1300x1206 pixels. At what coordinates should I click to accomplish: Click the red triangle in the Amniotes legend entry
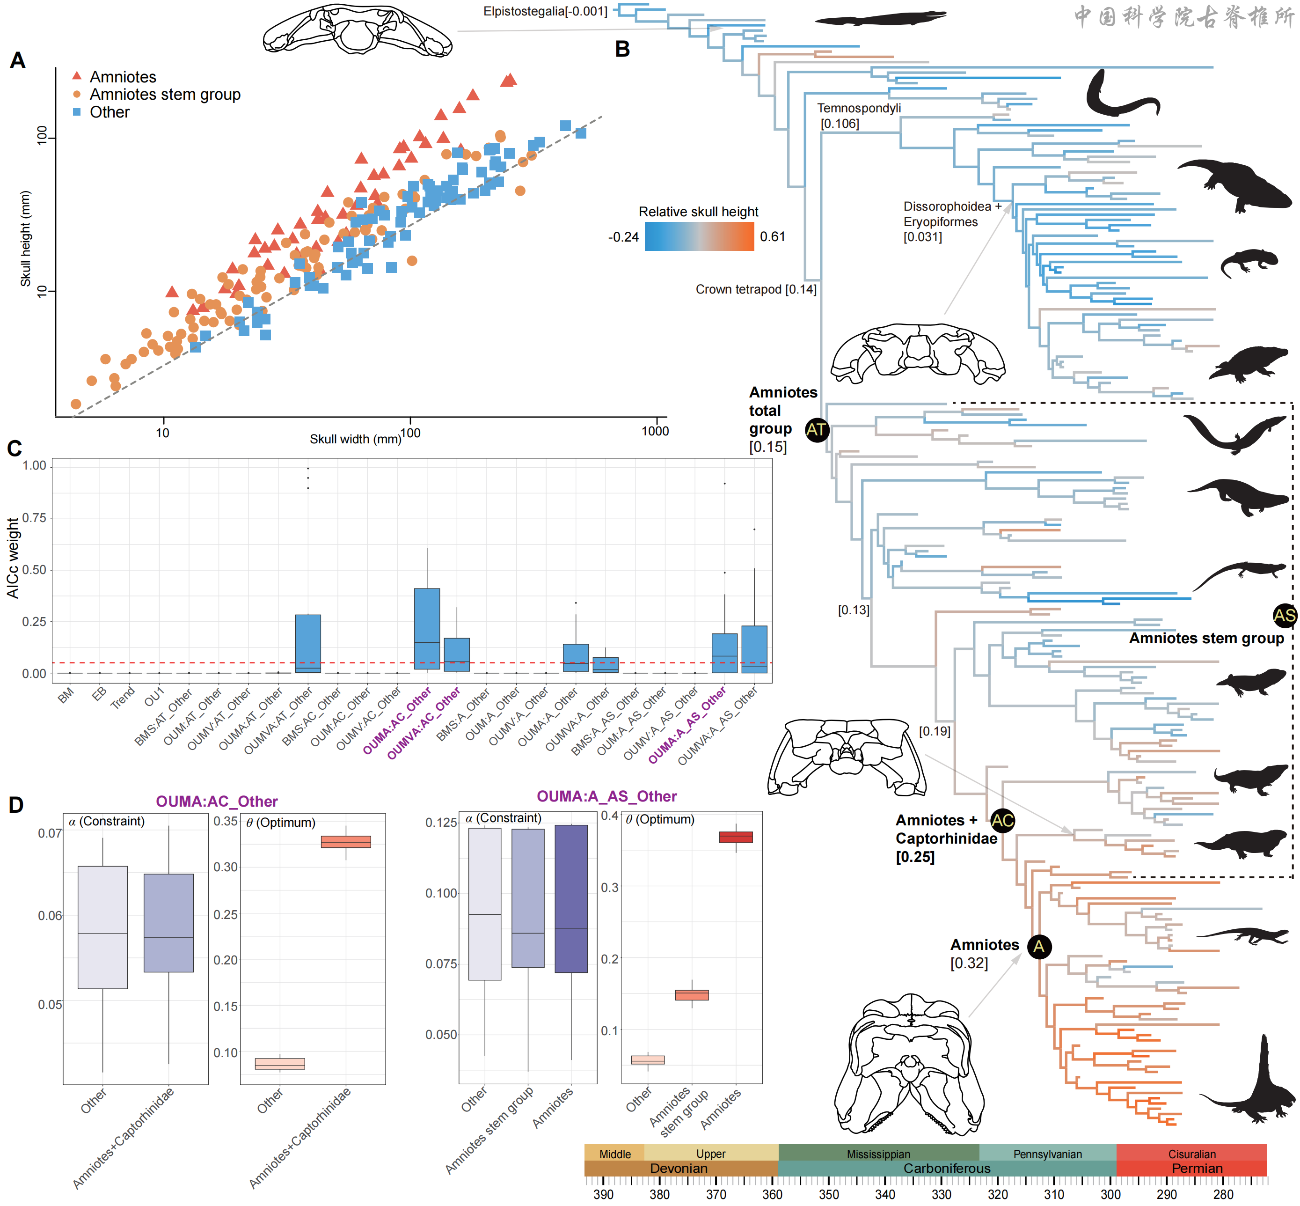tap(77, 76)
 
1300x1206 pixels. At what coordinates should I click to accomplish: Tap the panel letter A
tap(18, 60)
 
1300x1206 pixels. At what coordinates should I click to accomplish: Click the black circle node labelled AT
tap(817, 429)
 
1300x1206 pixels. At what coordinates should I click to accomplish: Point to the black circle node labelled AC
tap(1002, 820)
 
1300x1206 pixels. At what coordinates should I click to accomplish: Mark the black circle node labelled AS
tap(1285, 615)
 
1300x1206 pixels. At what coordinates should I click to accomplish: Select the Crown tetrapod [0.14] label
tap(755, 289)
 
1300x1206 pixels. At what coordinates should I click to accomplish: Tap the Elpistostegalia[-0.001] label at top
tap(545, 11)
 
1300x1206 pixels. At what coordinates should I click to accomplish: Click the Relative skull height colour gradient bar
tap(699, 236)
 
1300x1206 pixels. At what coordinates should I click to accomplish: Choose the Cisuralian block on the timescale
tap(1191, 1154)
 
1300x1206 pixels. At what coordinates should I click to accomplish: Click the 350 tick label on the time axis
tap(828, 1194)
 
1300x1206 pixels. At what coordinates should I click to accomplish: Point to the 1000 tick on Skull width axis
tap(655, 431)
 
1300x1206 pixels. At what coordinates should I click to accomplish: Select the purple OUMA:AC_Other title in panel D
tap(217, 802)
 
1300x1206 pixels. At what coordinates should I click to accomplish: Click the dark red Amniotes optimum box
tap(736, 837)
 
